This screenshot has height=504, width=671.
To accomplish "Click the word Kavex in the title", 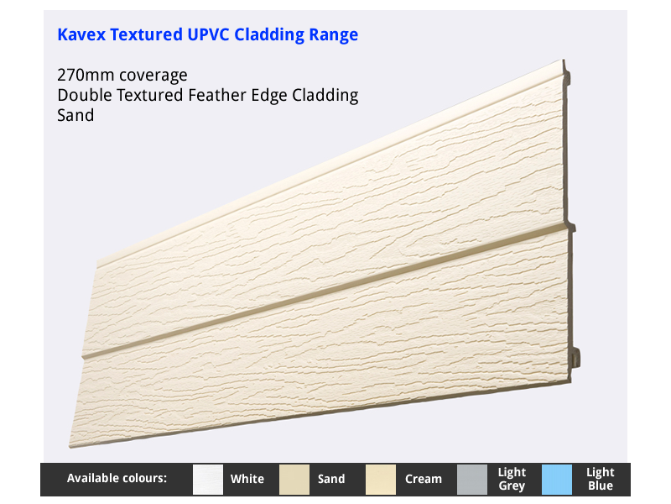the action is (81, 34).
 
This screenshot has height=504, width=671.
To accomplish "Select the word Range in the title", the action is (333, 35).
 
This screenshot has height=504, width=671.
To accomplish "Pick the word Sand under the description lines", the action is (75, 115).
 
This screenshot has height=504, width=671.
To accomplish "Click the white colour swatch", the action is (208, 479).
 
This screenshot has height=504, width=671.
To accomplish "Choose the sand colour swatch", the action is (294, 479).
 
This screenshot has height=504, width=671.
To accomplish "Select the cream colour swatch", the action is (381, 479).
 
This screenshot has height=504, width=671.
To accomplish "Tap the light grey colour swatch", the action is (472, 479).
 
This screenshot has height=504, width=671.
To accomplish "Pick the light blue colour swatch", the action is (557, 479).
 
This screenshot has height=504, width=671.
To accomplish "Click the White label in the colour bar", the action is (247, 479).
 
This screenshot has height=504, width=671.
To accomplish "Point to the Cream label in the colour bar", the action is (424, 479).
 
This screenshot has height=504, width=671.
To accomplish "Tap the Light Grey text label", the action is (512, 479).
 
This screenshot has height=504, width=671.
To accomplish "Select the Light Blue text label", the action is (601, 479).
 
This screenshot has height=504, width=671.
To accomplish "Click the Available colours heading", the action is (117, 478).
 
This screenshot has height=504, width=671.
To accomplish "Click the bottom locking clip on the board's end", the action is (575, 358).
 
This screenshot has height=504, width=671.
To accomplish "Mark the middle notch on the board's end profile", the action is (571, 227).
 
